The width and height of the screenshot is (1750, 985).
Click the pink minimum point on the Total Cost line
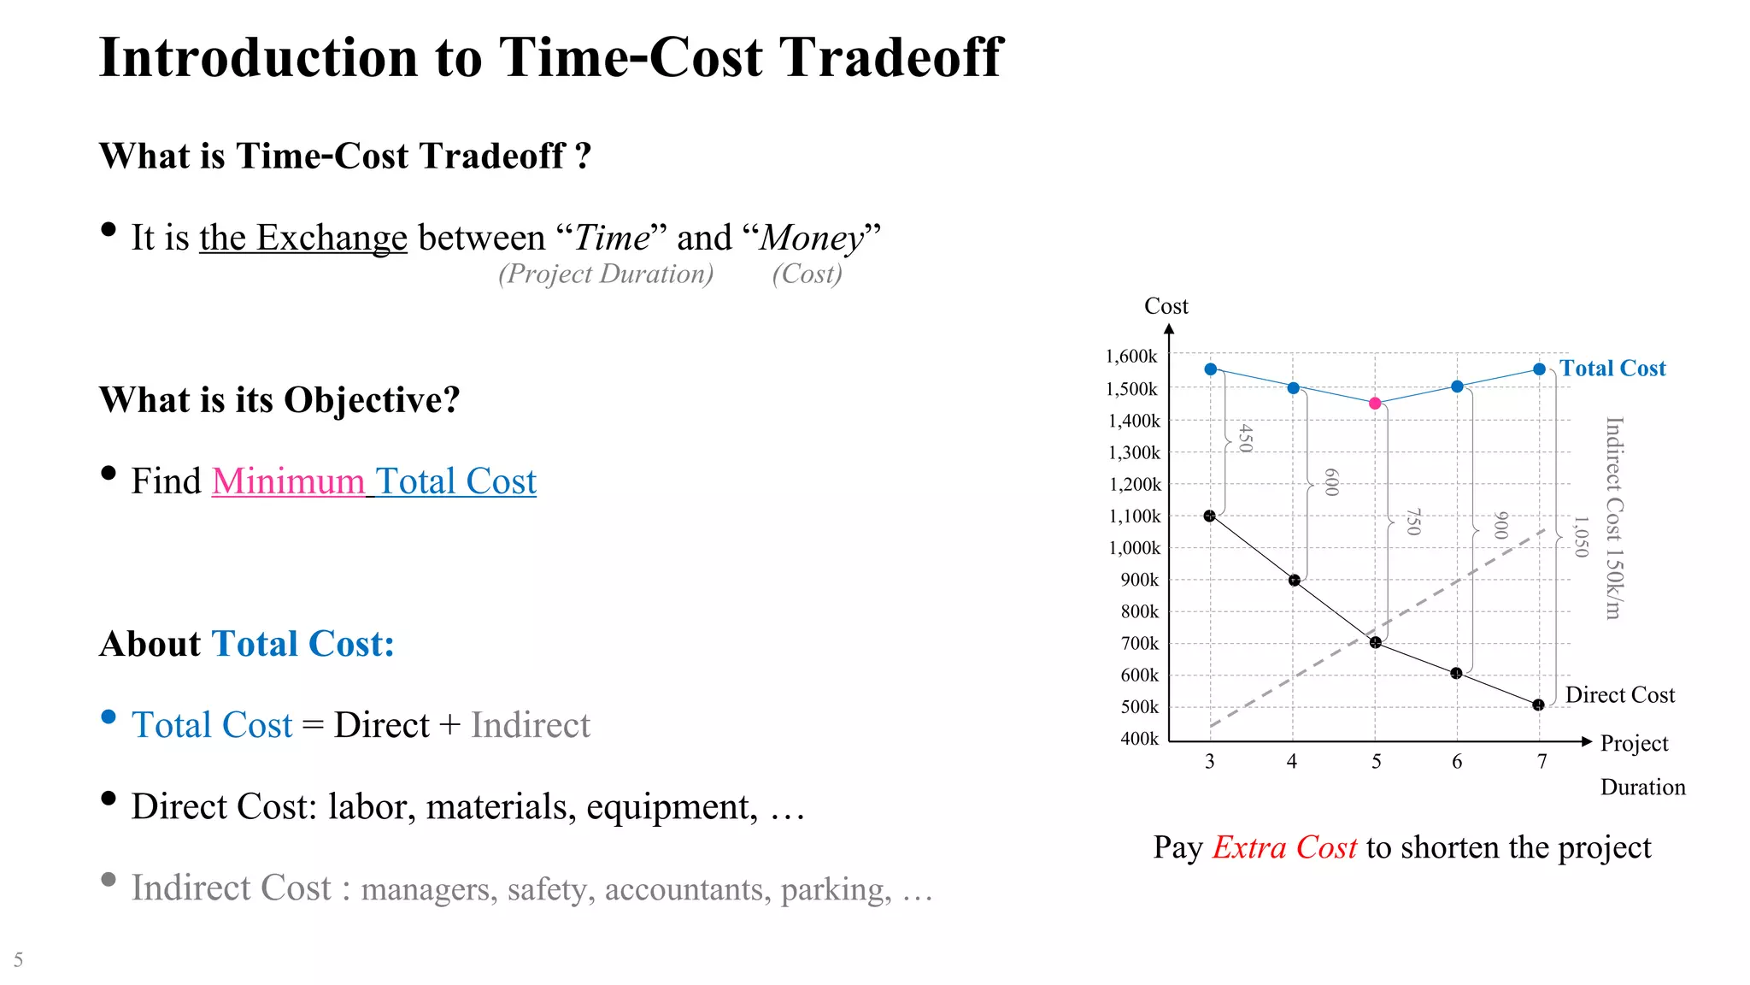[x=1375, y=404]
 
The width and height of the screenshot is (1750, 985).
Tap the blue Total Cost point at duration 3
[x=1210, y=369]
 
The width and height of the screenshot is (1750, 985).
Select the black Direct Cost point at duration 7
[x=1538, y=705]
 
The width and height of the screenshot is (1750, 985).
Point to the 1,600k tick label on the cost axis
[x=1131, y=357]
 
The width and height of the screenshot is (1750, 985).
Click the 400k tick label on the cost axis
[x=1139, y=739]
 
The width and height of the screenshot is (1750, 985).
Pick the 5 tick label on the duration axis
[x=1376, y=762]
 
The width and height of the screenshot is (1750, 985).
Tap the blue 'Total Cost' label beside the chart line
[x=1612, y=369]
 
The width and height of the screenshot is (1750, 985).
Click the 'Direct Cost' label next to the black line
[x=1619, y=695]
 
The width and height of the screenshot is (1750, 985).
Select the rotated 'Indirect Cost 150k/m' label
[x=1613, y=518]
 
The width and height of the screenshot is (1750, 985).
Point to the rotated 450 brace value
[x=1246, y=438]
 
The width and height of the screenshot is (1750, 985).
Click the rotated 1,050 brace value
[x=1582, y=536]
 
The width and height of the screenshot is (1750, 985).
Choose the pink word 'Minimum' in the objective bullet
[x=288, y=481]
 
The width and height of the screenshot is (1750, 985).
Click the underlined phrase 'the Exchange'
[x=303, y=238]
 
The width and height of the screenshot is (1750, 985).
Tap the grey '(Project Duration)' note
[x=606, y=274]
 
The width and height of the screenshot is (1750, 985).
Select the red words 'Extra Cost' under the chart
[x=1284, y=847]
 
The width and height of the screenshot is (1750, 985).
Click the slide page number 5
[x=18, y=959]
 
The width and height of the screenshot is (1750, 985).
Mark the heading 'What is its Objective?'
[x=279, y=400]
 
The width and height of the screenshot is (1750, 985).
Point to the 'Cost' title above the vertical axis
[x=1166, y=306]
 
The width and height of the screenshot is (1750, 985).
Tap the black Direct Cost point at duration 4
[x=1294, y=581]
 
